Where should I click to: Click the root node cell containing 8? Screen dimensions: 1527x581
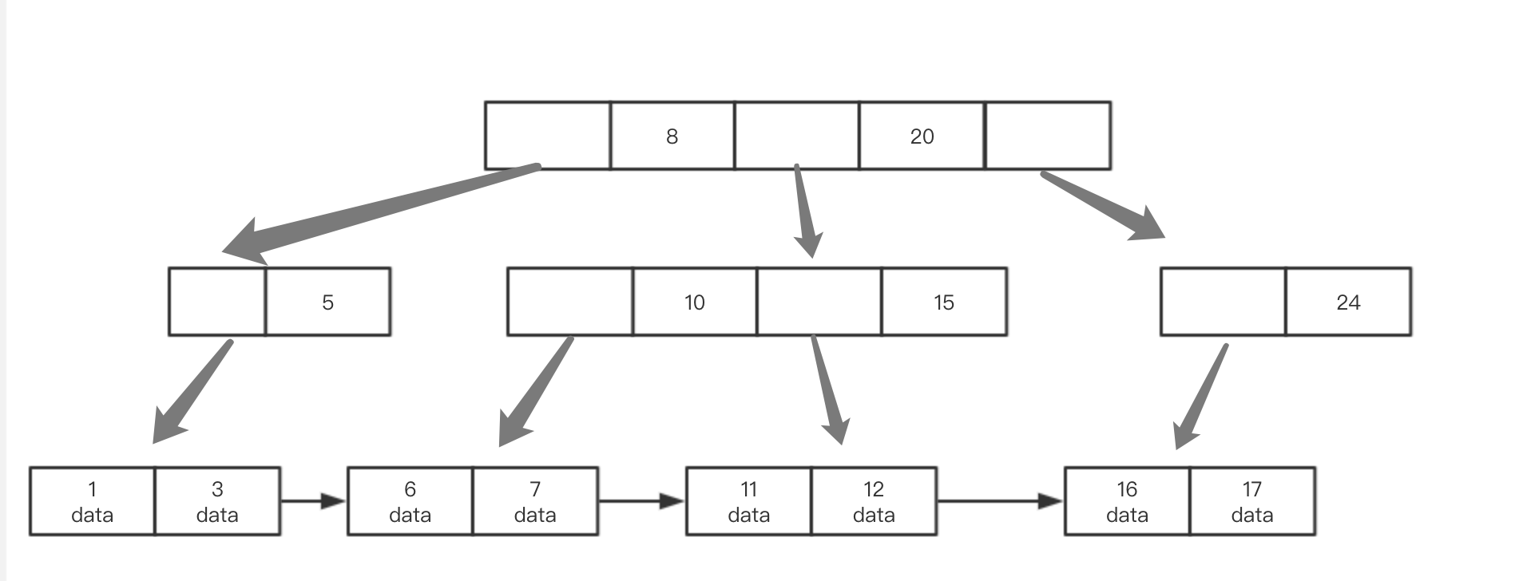(672, 136)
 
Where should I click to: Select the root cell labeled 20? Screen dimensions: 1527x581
(922, 136)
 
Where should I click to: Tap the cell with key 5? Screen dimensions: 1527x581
(327, 302)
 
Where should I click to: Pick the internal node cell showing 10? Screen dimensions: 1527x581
(695, 302)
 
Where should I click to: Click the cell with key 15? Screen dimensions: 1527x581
(944, 302)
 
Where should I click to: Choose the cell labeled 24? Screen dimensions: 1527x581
(1348, 302)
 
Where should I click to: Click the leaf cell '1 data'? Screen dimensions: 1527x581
(93, 501)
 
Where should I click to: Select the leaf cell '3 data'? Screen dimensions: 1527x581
(217, 501)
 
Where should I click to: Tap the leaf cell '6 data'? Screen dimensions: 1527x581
(411, 501)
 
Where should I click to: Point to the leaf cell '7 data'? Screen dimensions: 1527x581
(535, 501)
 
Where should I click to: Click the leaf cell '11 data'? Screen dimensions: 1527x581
(749, 501)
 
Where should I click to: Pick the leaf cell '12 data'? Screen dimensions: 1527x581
(874, 501)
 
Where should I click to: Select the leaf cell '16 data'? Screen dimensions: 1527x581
(1127, 501)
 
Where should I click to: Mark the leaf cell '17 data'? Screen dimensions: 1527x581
(1252, 501)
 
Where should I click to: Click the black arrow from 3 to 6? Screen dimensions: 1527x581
(314, 501)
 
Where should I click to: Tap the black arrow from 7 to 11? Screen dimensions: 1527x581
(642, 501)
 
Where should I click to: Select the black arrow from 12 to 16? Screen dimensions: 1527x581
(1001, 501)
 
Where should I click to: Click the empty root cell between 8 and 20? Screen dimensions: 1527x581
(797, 136)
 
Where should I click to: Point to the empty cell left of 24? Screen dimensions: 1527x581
(1224, 302)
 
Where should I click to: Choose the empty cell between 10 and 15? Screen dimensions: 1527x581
(819, 302)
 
